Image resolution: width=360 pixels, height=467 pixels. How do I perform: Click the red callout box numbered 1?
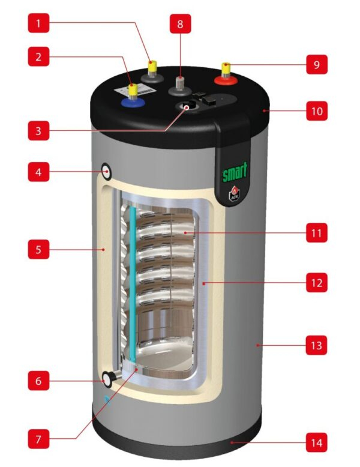point(38,24)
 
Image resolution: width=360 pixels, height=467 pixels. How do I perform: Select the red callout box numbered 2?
point(38,58)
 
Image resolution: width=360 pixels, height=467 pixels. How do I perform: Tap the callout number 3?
point(38,131)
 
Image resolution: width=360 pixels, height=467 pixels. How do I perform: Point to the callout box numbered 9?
point(316,64)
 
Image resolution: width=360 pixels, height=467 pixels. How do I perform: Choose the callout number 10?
point(316,111)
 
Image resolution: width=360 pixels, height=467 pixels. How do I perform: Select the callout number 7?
point(38,439)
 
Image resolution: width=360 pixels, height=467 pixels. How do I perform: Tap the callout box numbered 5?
point(38,249)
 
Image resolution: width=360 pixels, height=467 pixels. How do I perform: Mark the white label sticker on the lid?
point(141,91)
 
